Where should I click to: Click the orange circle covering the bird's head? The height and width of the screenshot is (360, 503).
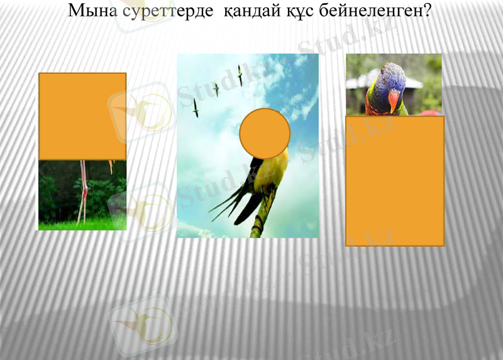pos(265,133)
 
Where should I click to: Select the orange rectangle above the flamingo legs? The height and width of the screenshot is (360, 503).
pos(82,116)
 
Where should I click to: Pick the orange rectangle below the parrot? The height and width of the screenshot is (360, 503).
pos(395,180)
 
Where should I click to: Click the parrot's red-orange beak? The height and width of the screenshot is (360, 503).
pos(394,100)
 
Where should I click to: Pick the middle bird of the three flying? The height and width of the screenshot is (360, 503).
pos(216,89)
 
